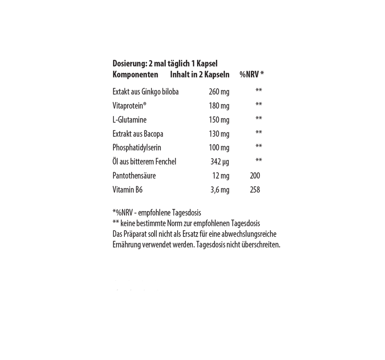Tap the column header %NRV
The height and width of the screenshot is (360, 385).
click(x=249, y=74)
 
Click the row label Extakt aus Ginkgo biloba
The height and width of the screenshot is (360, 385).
click(x=146, y=92)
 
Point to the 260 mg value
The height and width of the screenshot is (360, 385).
click(x=219, y=92)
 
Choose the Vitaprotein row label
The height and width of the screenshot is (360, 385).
click(x=129, y=106)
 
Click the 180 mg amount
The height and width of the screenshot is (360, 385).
click(x=219, y=106)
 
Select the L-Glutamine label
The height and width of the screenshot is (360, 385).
click(x=129, y=120)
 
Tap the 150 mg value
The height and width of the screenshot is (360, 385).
click(x=219, y=120)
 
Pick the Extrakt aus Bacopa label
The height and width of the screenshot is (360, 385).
click(x=138, y=134)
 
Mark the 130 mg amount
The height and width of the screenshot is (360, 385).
click(x=219, y=134)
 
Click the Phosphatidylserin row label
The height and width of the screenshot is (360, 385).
click(x=137, y=148)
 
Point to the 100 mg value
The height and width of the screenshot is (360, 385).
click(x=219, y=148)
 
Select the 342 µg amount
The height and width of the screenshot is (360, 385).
click(x=220, y=162)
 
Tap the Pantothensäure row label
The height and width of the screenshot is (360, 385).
click(x=134, y=176)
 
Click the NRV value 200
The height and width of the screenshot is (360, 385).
click(x=255, y=176)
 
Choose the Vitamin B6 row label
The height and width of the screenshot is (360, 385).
click(x=127, y=190)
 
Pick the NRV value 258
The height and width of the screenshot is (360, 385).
click(x=255, y=190)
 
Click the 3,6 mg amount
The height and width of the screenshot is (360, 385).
click(x=220, y=190)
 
